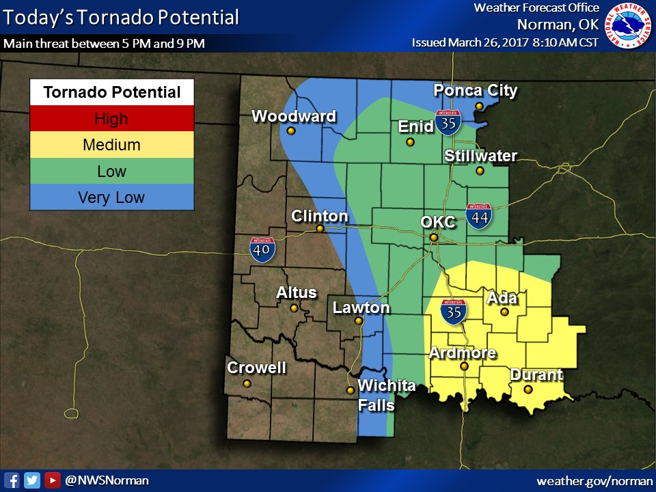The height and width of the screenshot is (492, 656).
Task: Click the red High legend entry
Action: coord(111,119)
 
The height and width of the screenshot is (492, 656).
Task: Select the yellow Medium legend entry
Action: coord(111,145)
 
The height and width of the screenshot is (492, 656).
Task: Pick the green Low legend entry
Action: coord(111,171)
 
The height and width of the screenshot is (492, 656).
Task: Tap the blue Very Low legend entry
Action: coord(111,197)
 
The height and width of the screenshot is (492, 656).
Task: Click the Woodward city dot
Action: coord(291,131)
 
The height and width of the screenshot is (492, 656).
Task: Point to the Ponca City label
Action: coord(476,90)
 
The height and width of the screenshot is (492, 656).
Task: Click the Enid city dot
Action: coord(410,142)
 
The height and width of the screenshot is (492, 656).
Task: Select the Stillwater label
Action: coord(481,156)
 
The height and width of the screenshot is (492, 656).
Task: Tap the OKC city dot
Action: coord(433,237)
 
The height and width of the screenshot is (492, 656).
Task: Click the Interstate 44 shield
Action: coord(479,216)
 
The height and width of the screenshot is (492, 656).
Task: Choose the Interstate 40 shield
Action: coord(263,250)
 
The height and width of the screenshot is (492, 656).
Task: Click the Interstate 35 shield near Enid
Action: coord(448,121)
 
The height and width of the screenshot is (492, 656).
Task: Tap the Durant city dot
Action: coord(528,389)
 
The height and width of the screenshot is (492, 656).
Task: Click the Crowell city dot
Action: coord(247,383)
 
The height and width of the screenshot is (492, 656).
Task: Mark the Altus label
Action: coord(297,292)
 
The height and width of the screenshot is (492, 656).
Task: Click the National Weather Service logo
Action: coord(629,26)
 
